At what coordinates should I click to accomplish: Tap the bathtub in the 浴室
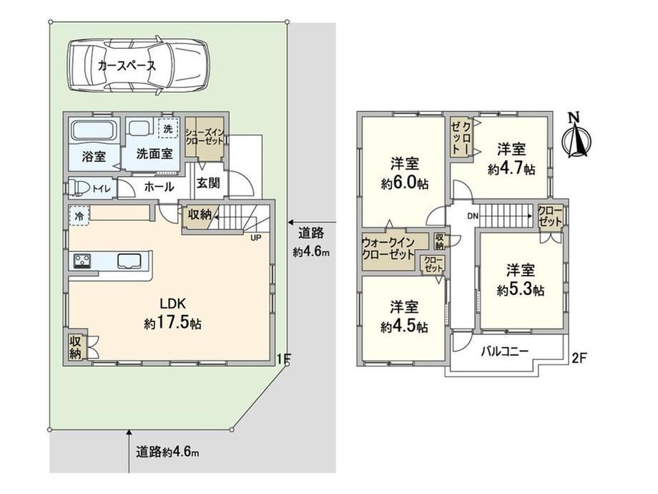pyautogui.click(x=93, y=132)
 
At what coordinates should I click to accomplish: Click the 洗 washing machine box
pyautogui.click(x=168, y=128)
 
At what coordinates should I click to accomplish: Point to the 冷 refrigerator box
pyautogui.click(x=79, y=216)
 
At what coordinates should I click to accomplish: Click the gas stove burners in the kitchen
pyautogui.click(x=83, y=261)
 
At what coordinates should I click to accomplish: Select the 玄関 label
pyautogui.click(x=208, y=183)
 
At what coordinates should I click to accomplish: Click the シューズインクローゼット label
pyautogui.click(x=205, y=137)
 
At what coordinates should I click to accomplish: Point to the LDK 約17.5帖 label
pyautogui.click(x=173, y=314)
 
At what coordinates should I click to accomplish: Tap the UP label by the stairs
pyautogui.click(x=255, y=238)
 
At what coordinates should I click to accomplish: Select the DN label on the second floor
pyautogui.click(x=473, y=216)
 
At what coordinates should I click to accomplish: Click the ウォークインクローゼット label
pyautogui.click(x=388, y=248)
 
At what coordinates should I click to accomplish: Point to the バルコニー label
pyautogui.click(x=504, y=351)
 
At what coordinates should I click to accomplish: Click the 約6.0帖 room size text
pyautogui.click(x=405, y=183)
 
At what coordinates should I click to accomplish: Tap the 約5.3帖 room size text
pyautogui.click(x=521, y=289)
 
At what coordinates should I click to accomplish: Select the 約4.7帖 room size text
pyautogui.click(x=511, y=169)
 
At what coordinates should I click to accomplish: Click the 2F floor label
pyautogui.click(x=579, y=358)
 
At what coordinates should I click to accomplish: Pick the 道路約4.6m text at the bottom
pyautogui.click(x=167, y=452)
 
